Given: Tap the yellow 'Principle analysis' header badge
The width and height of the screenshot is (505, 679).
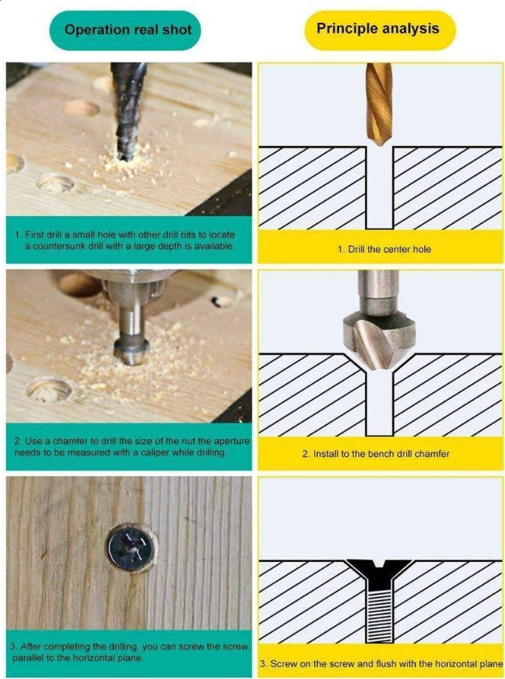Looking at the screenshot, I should pos(378,30).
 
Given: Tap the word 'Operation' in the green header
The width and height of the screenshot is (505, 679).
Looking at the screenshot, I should pos(94,31).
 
